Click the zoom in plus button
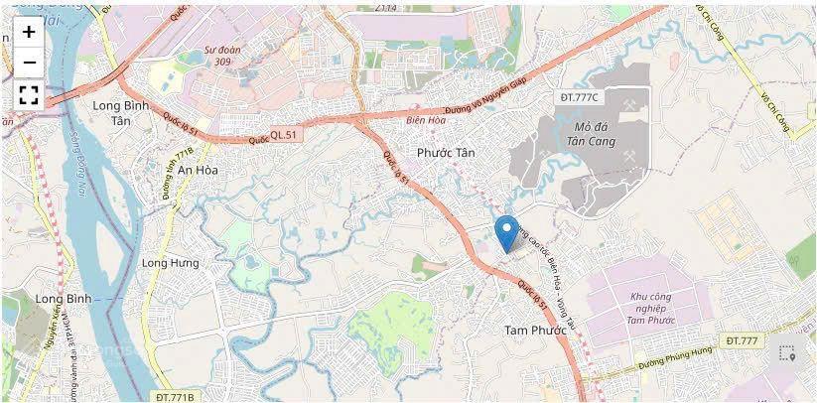(x=29, y=32)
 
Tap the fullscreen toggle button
(x=29, y=95)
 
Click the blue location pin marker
(x=506, y=231)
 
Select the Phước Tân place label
(x=447, y=153)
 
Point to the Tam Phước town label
(x=534, y=330)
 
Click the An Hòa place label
(x=199, y=170)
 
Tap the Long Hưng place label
(x=170, y=263)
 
